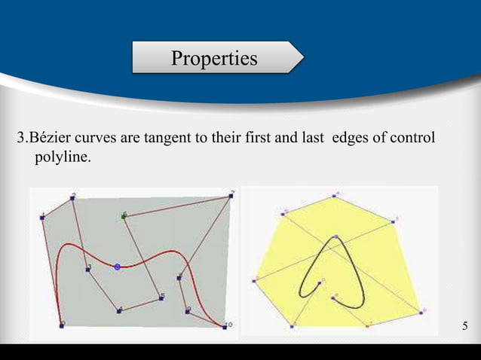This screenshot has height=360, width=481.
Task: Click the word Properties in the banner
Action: coord(213,58)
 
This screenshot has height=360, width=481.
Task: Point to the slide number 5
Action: coord(464,326)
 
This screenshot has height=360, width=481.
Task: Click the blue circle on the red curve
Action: coord(117,266)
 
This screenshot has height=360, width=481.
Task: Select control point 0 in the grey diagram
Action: coord(62,325)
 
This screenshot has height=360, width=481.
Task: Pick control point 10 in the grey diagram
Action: coord(224,325)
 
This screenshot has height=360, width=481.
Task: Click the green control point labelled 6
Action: coord(123,216)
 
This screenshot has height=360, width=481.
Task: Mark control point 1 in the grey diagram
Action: coord(42,218)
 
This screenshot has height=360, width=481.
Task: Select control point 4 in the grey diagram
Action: coord(119,310)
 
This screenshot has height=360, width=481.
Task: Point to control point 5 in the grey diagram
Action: coord(161,298)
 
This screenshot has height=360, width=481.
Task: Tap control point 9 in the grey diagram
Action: coord(187,310)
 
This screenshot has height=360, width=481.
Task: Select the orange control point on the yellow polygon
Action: coord(368,325)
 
